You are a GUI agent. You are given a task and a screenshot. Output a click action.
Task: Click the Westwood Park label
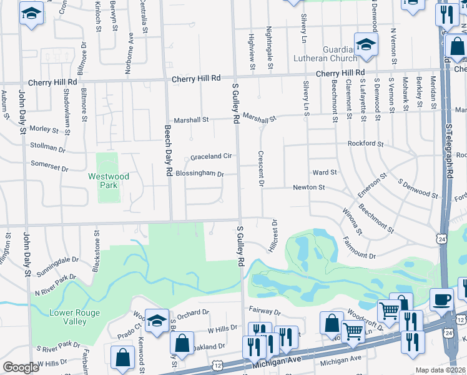(x=109, y=181)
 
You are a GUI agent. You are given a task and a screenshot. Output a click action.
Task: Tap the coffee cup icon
(x=441, y=299)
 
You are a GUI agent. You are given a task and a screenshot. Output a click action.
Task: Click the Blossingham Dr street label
(x=199, y=174)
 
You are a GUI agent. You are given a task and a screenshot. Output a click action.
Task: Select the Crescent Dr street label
(x=261, y=168)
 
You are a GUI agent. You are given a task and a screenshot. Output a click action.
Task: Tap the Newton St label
(x=309, y=187)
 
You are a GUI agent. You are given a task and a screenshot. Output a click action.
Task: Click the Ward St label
(x=325, y=172)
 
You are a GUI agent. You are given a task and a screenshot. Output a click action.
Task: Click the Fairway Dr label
(x=265, y=311)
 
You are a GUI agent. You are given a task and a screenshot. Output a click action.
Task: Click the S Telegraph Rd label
(x=448, y=151)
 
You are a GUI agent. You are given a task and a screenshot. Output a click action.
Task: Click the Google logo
(x=21, y=368)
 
